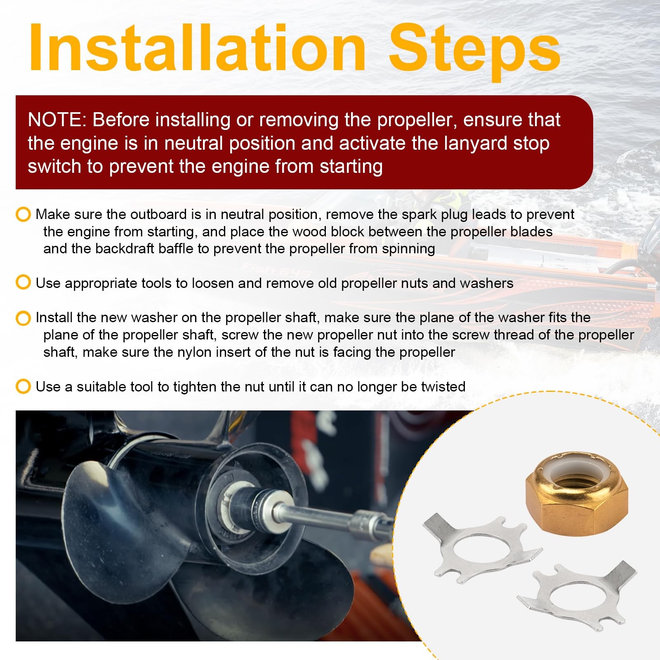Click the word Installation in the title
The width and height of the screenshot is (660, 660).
(197, 47)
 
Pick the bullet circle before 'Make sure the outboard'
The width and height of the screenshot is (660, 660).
(23, 214)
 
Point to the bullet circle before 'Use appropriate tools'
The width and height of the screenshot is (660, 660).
(23, 283)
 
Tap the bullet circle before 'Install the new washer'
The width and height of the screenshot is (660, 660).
(23, 318)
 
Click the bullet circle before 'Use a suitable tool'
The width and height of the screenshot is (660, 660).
(23, 387)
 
